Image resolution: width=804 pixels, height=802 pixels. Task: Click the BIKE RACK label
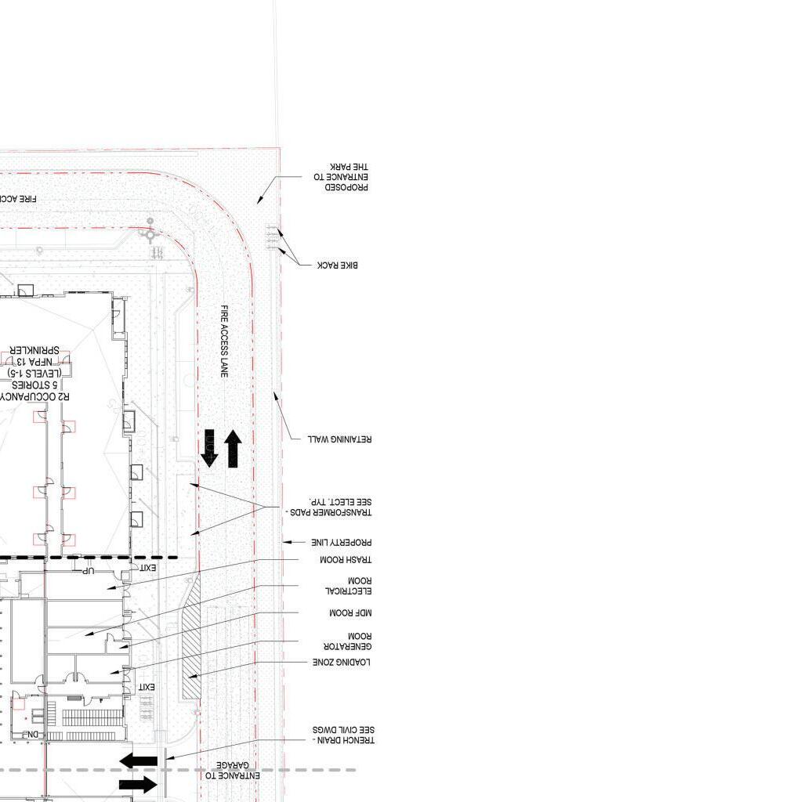(x=338, y=266)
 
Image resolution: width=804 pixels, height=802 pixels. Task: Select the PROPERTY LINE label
(x=341, y=542)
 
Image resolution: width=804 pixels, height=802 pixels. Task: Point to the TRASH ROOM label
(x=345, y=560)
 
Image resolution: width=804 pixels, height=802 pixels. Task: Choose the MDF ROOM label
(x=349, y=612)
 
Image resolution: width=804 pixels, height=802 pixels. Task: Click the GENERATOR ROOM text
(x=347, y=641)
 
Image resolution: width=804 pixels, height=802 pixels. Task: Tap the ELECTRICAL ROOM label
(x=348, y=586)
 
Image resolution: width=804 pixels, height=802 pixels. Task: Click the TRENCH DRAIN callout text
(x=343, y=735)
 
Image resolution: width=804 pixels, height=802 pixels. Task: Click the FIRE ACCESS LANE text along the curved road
(x=224, y=341)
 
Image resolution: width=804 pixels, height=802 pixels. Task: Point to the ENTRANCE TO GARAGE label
(x=228, y=770)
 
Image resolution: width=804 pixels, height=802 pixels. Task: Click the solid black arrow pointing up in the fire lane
(x=233, y=448)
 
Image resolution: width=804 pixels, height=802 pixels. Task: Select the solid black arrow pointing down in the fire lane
(x=209, y=448)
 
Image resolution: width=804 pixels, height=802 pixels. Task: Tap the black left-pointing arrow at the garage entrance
(x=139, y=760)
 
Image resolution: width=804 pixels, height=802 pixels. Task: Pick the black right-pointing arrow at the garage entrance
(x=139, y=784)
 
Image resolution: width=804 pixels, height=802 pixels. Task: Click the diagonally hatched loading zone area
(x=191, y=634)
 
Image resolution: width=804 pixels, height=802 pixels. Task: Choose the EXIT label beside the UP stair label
(x=148, y=567)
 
